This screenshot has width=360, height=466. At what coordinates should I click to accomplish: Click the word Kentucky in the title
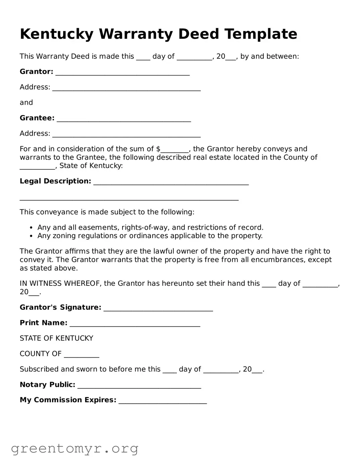click(56, 34)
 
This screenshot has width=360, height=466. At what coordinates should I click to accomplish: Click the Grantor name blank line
click(122, 73)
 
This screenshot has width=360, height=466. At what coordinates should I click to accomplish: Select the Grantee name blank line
click(124, 120)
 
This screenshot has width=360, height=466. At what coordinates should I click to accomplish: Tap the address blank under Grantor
click(126, 89)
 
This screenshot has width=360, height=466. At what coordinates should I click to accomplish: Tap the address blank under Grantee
click(126, 135)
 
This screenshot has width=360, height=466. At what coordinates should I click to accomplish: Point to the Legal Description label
click(55, 181)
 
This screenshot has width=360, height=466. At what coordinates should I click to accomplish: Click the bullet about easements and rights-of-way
click(150, 228)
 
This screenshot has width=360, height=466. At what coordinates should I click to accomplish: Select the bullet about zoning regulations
click(150, 236)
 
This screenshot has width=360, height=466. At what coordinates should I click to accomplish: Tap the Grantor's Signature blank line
click(158, 309)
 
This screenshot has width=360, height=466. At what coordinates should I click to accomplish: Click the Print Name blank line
click(135, 324)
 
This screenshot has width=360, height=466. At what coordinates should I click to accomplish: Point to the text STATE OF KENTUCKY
click(56, 338)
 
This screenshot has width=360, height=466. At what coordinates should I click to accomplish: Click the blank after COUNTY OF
click(82, 356)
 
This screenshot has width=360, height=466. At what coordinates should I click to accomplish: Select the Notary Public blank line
click(139, 386)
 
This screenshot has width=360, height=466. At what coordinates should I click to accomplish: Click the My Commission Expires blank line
click(163, 402)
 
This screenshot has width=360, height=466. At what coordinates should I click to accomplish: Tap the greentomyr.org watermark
click(74, 449)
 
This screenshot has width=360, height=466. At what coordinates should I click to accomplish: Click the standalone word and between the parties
click(26, 103)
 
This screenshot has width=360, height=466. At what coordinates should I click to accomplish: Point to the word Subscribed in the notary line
click(39, 369)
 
